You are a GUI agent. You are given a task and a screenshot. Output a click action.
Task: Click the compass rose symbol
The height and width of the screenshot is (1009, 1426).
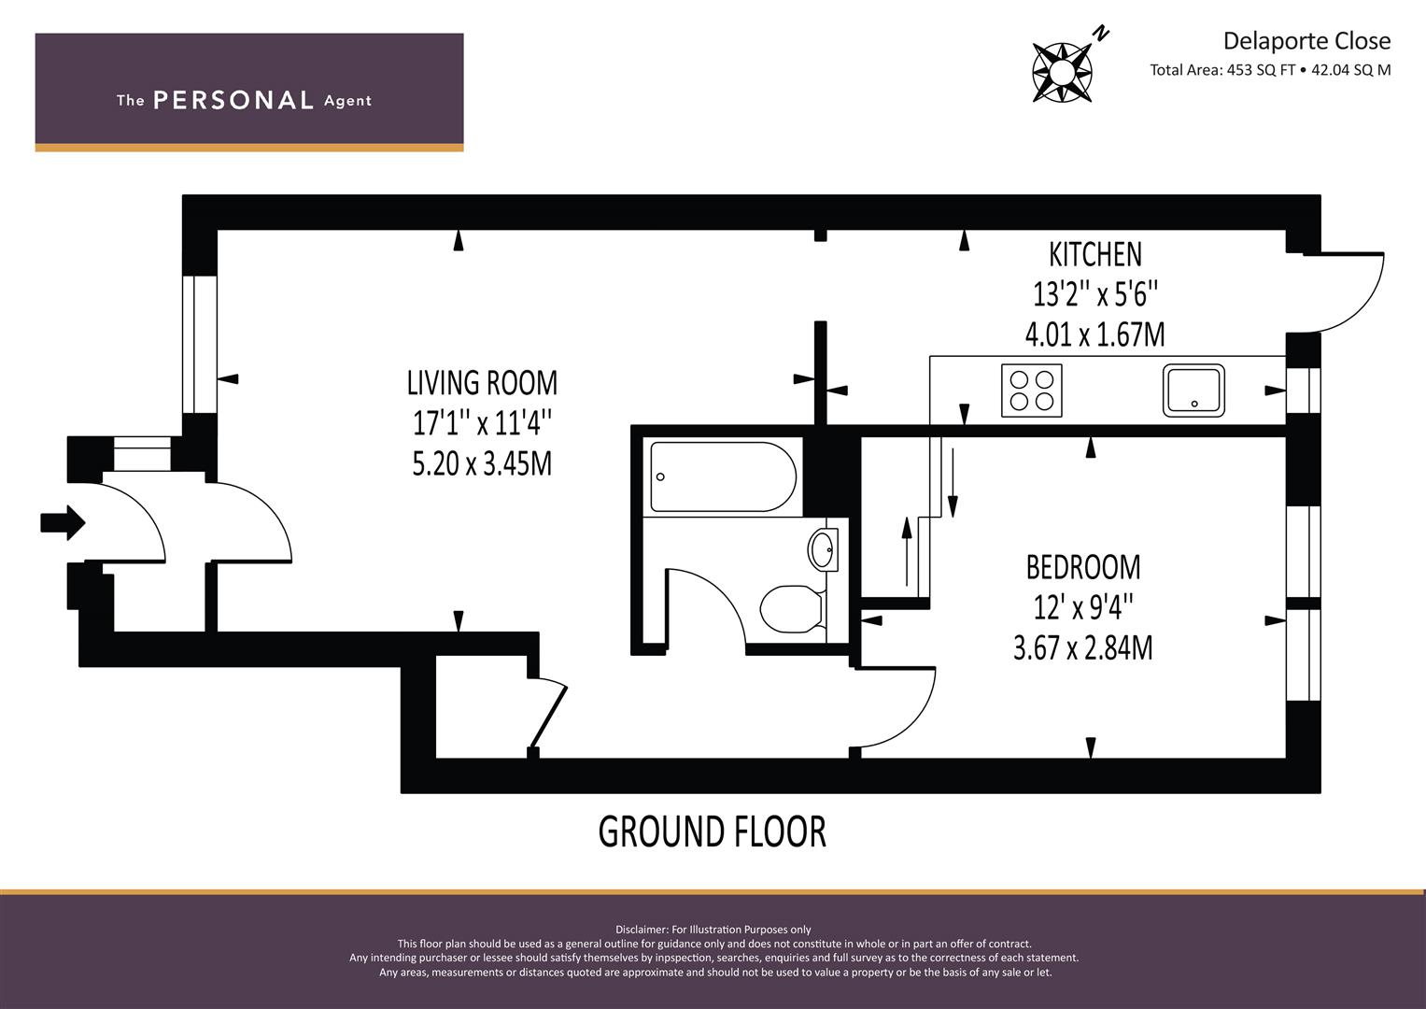[1062, 71]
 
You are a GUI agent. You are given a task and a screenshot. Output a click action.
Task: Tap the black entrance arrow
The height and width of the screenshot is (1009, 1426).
[63, 523]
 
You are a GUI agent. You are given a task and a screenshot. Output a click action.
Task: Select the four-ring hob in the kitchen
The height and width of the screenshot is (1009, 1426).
[1031, 391]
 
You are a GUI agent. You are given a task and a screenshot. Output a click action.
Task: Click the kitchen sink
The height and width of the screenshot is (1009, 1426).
[1193, 391]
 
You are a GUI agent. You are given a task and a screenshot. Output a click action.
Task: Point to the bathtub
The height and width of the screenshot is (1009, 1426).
[723, 476]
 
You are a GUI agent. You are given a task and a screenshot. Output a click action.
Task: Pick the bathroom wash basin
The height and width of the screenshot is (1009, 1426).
[823, 549]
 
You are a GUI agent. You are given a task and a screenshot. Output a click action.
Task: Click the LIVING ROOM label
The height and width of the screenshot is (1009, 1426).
[482, 383]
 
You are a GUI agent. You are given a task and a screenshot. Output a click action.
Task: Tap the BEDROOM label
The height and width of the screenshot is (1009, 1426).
[1083, 567]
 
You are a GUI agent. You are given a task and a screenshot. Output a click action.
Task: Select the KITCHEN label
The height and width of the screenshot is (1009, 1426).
[1095, 254]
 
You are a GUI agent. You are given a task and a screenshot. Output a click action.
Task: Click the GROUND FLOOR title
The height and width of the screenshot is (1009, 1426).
[712, 831]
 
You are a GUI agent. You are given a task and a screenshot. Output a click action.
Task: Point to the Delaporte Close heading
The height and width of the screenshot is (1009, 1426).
[1306, 41]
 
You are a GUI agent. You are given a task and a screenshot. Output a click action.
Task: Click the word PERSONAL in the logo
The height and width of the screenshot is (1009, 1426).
[233, 101]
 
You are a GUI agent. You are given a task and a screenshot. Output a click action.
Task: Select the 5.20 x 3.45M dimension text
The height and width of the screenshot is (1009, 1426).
[482, 463]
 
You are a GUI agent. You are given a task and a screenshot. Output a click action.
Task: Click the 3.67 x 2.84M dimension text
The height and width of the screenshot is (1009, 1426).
[1083, 647]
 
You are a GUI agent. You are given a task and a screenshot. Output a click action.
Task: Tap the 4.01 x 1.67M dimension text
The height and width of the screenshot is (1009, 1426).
[1095, 334]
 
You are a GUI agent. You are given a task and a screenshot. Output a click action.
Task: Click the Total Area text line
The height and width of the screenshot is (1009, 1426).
[1270, 70]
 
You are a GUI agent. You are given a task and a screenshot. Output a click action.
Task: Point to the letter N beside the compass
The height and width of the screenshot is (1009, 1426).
[1101, 34]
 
